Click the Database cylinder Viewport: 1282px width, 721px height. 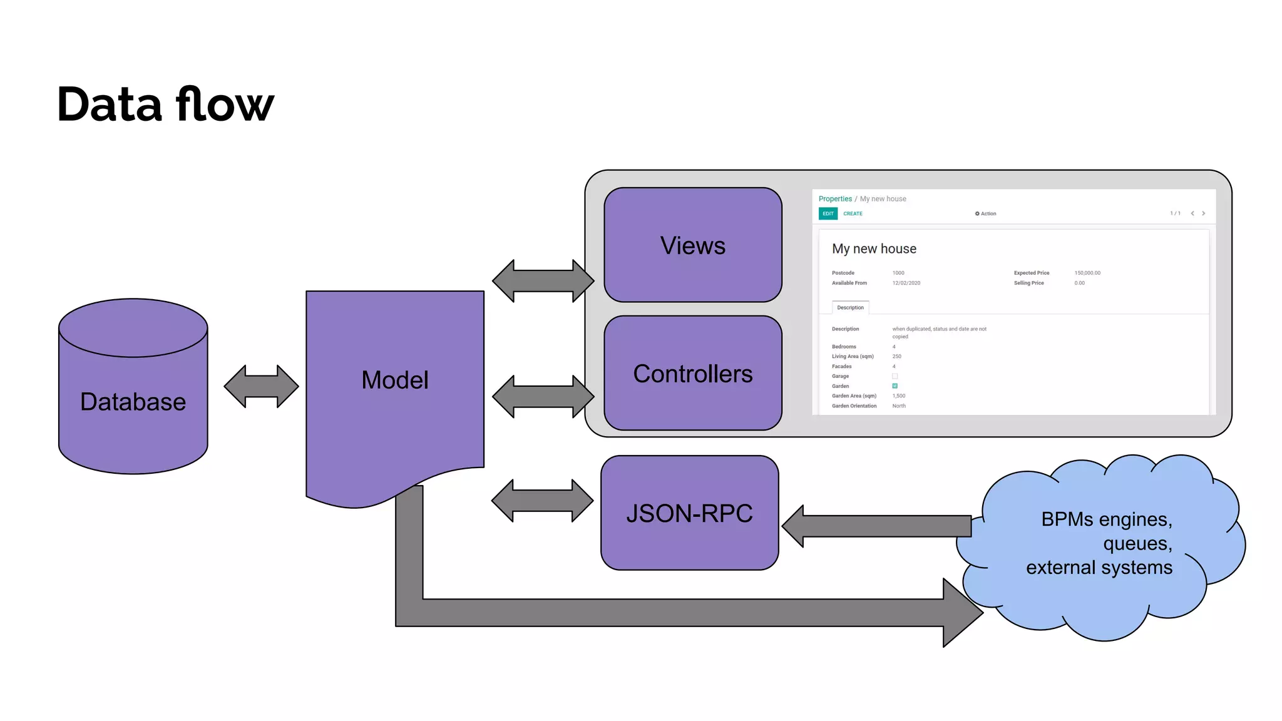[x=133, y=401]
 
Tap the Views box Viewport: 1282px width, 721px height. [x=692, y=245]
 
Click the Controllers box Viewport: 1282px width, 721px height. [x=692, y=374]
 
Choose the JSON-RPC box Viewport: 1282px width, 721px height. [x=689, y=513]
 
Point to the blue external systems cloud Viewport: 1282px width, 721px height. [x=1102, y=545]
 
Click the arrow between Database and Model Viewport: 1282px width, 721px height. [x=261, y=386]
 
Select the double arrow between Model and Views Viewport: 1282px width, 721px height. [x=543, y=281]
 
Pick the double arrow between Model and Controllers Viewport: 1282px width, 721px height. [x=543, y=396]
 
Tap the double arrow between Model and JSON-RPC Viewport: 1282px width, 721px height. [x=542, y=501]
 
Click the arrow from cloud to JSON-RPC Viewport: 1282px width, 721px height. [x=876, y=526]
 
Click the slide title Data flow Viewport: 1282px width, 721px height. [x=165, y=104]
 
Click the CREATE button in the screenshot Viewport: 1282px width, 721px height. [x=853, y=213]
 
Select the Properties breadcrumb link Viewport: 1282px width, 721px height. [x=835, y=198]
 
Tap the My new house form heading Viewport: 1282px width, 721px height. [x=874, y=248]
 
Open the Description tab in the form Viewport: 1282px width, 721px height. [x=850, y=307]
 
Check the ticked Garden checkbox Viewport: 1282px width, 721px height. [x=895, y=386]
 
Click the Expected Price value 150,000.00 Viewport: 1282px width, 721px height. [x=1087, y=273]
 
